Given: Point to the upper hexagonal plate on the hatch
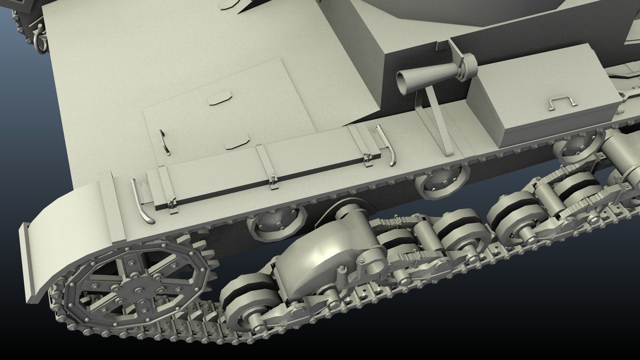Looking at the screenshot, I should [219, 99].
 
